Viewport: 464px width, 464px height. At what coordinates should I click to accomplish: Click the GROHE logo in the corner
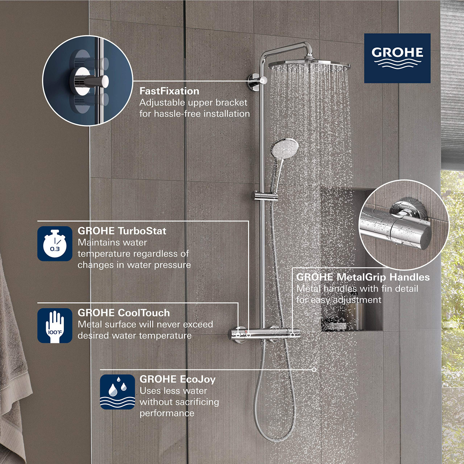(397, 58)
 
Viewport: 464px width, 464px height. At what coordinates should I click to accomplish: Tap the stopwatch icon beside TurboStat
(55, 244)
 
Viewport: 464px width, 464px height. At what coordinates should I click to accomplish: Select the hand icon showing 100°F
(55, 326)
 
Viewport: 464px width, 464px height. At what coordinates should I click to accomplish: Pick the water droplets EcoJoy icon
(117, 392)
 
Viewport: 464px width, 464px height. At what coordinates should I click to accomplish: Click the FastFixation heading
(169, 91)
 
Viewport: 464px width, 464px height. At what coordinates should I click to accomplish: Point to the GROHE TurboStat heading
(122, 231)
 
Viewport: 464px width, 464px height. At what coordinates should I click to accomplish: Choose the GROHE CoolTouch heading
(124, 313)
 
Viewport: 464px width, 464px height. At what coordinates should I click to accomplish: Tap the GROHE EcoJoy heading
(177, 379)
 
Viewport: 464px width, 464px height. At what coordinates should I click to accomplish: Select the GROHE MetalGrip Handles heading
(363, 277)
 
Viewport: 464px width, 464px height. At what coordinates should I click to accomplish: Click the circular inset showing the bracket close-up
(88, 80)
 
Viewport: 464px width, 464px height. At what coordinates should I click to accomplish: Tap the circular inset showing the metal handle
(404, 225)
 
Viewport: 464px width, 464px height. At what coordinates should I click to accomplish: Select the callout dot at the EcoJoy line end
(314, 370)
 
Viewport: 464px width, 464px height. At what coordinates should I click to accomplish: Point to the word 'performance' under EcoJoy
(167, 413)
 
